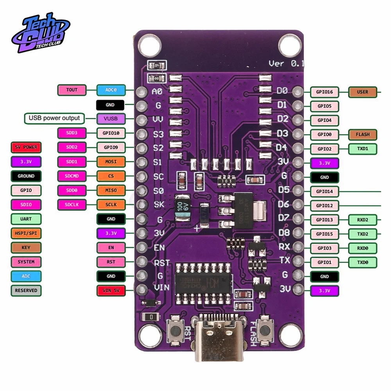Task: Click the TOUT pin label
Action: pyautogui.click(x=72, y=90)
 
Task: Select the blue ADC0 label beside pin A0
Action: pyautogui.click(x=111, y=90)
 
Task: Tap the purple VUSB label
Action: pyautogui.click(x=111, y=118)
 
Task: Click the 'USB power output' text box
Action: pyautogui.click(x=54, y=118)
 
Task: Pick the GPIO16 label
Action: pyautogui.click(x=325, y=92)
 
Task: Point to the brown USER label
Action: pyautogui.click(x=362, y=92)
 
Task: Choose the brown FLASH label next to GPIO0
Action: pyautogui.click(x=362, y=135)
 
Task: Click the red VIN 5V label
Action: pyautogui.click(x=111, y=290)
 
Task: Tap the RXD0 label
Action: pyautogui.click(x=362, y=248)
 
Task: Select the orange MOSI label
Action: pyautogui.click(x=111, y=161)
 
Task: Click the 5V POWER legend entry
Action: pyautogui.click(x=26, y=147)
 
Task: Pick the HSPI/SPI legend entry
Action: pyautogui.click(x=26, y=233)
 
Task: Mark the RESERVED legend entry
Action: pyautogui.click(x=26, y=291)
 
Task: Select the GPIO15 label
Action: pyautogui.click(x=325, y=234)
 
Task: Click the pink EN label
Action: pyautogui.click(x=111, y=248)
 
